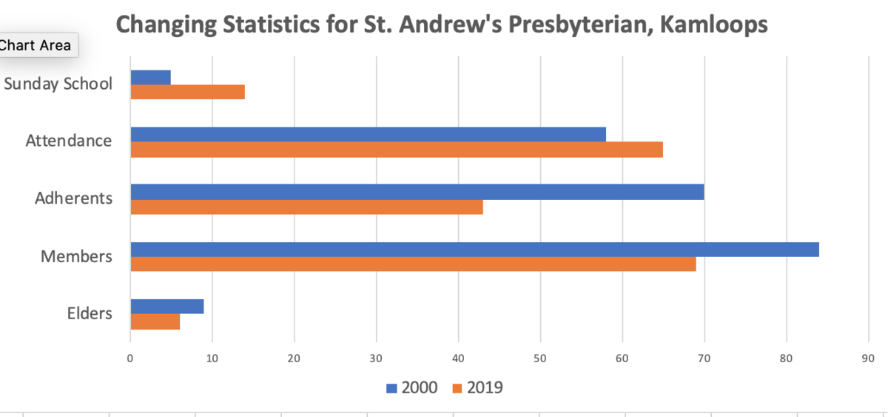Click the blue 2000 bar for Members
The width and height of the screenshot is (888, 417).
coord(474,250)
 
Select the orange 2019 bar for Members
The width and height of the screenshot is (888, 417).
coord(413,264)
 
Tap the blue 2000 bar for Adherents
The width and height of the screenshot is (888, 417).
coord(417,192)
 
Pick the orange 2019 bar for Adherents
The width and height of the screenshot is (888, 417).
coord(306,207)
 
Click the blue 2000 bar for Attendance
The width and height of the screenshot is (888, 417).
coord(368,134)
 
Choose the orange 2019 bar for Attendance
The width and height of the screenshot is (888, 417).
coord(397,150)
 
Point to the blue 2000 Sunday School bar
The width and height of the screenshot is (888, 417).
coord(150,77)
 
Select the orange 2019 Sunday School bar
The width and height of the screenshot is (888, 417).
coord(187,92)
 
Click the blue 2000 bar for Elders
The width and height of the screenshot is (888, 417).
coord(166,307)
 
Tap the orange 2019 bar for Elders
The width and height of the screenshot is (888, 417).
coord(155,322)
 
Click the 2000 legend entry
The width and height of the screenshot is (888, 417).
coord(411,387)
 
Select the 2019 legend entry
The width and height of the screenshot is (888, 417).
coord(477,387)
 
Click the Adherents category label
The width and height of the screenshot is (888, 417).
coord(73,199)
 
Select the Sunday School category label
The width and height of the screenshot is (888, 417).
coord(58,83)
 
